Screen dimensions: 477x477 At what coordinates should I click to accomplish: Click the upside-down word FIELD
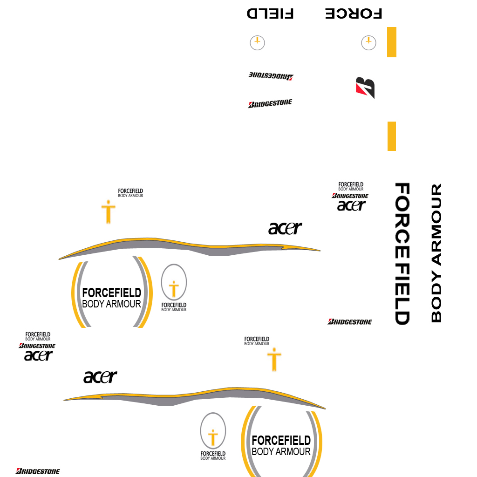coord(270,14)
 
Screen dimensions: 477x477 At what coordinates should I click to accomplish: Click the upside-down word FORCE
coord(354,14)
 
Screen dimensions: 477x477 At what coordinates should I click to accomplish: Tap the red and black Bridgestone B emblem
coord(365,88)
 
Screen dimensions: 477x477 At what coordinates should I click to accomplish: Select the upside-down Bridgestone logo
coord(271,76)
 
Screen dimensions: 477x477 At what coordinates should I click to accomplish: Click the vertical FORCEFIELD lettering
coord(402,254)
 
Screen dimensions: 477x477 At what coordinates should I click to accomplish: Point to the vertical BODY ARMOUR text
coord(436,253)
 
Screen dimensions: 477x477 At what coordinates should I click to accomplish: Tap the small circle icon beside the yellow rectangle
coord(368,43)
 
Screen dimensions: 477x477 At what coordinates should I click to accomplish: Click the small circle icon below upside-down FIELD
coord(257,43)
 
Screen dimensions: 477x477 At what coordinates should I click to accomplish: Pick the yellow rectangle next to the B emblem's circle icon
coord(392,42)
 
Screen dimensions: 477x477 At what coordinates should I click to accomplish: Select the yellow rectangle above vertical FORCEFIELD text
coord(392,136)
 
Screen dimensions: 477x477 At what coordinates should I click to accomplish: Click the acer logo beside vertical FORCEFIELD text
coord(352,205)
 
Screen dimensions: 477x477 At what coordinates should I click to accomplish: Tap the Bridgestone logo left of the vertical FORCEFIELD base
coord(350,321)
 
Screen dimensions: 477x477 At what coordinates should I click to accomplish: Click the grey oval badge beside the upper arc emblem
coord(174,283)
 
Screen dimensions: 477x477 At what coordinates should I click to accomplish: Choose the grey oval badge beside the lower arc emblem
coord(213,431)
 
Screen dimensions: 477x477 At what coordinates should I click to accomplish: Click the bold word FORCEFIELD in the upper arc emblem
coord(111,293)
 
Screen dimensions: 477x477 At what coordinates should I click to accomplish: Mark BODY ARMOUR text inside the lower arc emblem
coord(281,451)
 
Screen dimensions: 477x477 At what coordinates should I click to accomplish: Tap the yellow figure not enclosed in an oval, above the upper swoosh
coord(109,212)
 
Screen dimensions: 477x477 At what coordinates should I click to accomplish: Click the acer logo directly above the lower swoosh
coord(100,376)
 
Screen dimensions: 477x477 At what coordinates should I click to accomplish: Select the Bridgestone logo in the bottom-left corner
coord(38,471)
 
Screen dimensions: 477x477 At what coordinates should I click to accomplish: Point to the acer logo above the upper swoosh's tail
coord(285,228)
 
